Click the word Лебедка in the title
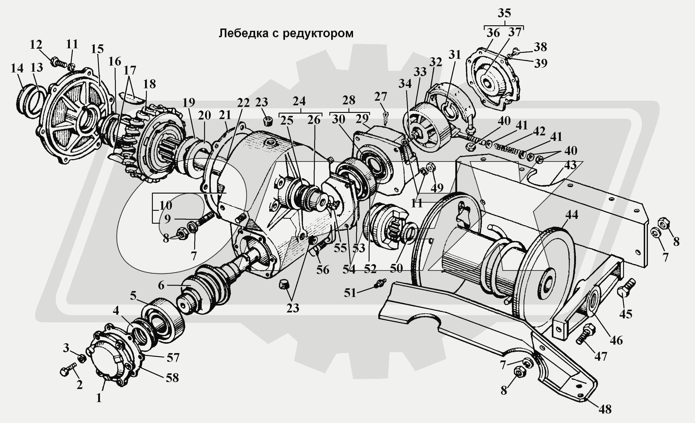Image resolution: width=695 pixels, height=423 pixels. click(x=243, y=34)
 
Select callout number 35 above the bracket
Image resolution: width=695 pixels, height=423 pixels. click(x=504, y=13)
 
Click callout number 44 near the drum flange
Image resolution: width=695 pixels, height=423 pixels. click(x=571, y=215)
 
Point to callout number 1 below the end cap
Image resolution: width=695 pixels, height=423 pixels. click(x=98, y=398)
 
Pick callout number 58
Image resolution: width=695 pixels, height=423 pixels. click(x=172, y=378)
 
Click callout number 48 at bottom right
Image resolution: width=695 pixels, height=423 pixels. click(x=605, y=409)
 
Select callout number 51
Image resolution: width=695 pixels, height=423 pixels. click(x=350, y=293)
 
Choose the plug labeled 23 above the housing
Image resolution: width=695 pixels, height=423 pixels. click(x=268, y=122)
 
